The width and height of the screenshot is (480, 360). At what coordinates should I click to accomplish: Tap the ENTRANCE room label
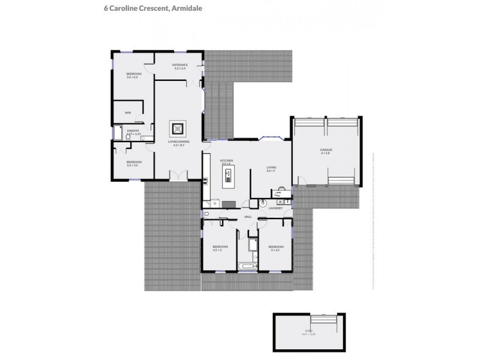point(180,65)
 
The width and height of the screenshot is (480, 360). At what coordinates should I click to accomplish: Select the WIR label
point(128,112)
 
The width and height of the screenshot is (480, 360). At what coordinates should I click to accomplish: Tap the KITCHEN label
point(226,160)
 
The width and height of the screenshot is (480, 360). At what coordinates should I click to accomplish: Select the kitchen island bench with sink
point(229,176)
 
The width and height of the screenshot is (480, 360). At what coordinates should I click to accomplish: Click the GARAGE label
point(326,149)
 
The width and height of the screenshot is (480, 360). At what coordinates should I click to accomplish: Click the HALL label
point(248,217)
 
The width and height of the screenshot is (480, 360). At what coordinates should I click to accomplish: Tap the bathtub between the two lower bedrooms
point(248,265)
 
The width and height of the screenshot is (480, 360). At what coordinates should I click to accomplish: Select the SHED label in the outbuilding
point(308,330)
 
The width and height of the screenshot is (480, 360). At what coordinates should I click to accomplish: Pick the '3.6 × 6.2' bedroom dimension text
point(132,77)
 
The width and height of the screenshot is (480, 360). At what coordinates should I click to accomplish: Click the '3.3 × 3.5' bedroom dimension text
point(132,165)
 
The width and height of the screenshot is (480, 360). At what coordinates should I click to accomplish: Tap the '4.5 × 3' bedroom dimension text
point(219,250)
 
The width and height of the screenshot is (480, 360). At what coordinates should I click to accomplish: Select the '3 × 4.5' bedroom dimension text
point(275,250)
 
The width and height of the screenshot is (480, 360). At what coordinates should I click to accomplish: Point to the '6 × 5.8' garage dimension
point(326,153)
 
